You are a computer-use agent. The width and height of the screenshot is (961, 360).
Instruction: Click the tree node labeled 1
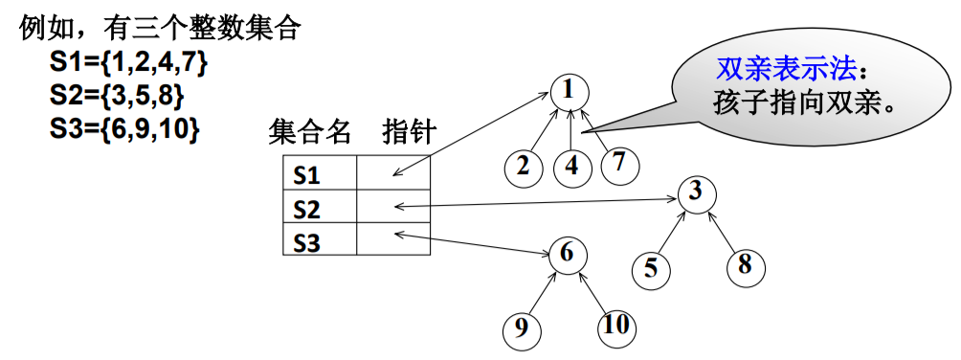pyautogui.click(x=569, y=91)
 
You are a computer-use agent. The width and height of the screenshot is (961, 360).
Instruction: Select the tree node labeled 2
pyautogui.click(x=523, y=165)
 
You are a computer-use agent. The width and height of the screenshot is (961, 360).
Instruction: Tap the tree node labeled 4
pyautogui.click(x=571, y=165)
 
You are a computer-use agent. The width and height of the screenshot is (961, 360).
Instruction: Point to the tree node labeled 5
pyautogui.click(x=651, y=268)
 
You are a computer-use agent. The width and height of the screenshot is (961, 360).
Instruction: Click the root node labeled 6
pyautogui.click(x=567, y=254)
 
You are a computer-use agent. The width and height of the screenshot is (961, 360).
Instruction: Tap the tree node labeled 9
pyautogui.click(x=522, y=328)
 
